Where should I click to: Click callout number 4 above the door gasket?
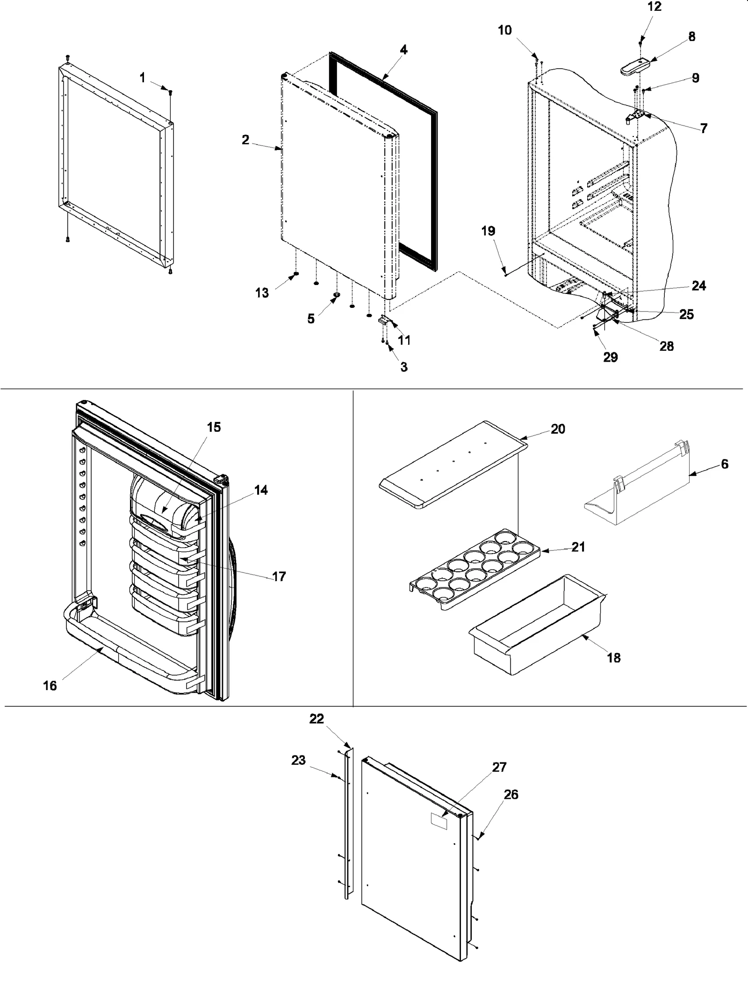[403, 50]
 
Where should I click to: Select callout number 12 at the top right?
[654, 7]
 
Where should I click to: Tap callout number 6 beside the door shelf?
[724, 464]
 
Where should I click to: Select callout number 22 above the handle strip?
[316, 719]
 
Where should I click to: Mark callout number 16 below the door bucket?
[50, 685]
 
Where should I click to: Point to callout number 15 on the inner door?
[214, 427]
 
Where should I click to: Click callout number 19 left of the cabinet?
[489, 231]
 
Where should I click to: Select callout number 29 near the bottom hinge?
[610, 357]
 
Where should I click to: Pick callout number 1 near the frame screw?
[143, 78]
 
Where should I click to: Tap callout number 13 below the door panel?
[262, 292]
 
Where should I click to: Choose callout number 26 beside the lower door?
[511, 794]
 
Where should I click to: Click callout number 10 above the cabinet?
[504, 30]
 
